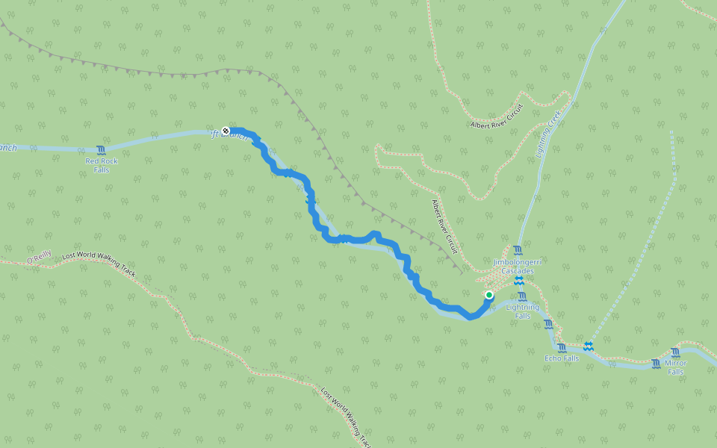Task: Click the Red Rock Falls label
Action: click(x=102, y=165)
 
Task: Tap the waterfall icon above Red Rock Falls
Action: click(x=101, y=150)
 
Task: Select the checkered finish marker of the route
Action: click(x=226, y=131)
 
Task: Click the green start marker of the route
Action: click(x=489, y=295)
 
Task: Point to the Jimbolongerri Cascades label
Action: click(x=517, y=267)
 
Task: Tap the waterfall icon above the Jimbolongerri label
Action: click(x=518, y=250)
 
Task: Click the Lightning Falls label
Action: click(x=523, y=311)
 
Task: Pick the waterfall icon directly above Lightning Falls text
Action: click(x=522, y=296)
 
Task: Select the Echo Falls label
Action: click(x=561, y=358)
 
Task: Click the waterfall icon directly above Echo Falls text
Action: click(x=562, y=347)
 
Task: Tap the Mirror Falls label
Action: click(x=675, y=367)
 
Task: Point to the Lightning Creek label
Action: click(x=549, y=134)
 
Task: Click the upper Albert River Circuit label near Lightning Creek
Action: click(x=497, y=116)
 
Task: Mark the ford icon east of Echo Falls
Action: click(x=589, y=346)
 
